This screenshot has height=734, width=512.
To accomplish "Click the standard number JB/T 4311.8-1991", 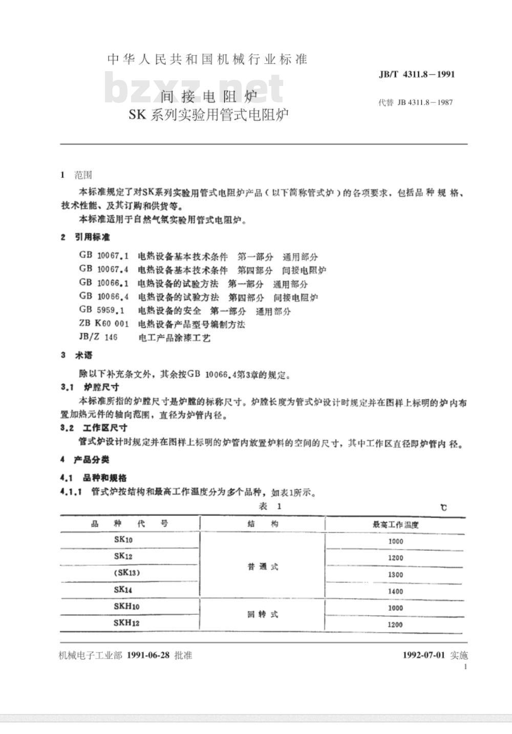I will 416,74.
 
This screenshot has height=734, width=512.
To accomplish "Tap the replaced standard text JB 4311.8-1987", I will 415,102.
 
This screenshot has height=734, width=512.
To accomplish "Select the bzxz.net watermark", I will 195,88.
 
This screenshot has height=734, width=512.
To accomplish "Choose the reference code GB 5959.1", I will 104,311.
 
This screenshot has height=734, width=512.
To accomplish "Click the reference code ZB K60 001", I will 104,324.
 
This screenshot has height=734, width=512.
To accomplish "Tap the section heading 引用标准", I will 92,237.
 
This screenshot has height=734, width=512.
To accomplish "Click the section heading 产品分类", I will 92,459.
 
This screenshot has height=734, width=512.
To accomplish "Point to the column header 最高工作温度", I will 395,524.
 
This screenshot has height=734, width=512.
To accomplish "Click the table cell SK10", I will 123,540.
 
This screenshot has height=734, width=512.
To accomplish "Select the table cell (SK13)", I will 126,573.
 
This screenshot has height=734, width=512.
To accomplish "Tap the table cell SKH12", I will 126,623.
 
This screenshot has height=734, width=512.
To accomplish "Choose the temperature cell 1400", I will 395,591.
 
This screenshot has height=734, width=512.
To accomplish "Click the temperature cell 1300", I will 395,574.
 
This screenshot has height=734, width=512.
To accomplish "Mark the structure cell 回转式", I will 263,614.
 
